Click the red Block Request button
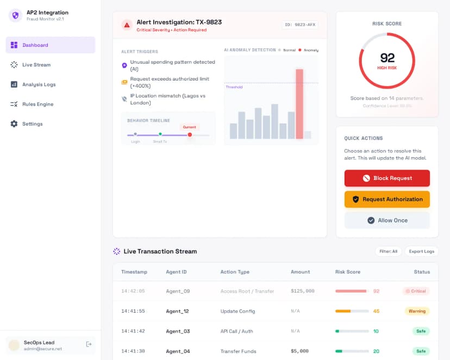tap(387, 178)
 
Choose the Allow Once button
tap(387, 220)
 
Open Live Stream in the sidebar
tap(36, 65)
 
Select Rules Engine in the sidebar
tap(37, 104)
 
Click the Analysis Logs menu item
tap(39, 84)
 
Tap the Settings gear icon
tap(14, 124)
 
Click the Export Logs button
tap(421, 251)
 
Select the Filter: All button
tap(388, 251)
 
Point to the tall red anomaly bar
tap(299, 104)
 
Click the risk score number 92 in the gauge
tap(387, 58)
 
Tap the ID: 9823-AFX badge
tap(299, 24)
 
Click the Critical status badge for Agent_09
tap(416, 291)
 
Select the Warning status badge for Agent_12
tap(416, 311)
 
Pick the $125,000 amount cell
tap(303, 291)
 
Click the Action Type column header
tap(235, 272)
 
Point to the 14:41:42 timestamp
tap(133, 331)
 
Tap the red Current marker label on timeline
tap(189, 127)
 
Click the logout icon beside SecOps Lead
tap(89, 344)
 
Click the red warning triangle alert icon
tap(127, 24)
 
